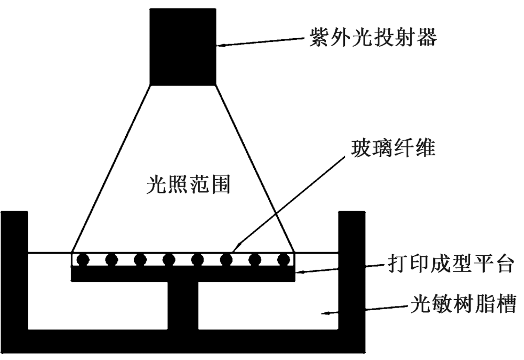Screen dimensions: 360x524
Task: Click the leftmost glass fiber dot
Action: point(82,259)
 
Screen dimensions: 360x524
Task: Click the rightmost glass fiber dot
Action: point(283,259)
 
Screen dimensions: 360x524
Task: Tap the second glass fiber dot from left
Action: point(111,259)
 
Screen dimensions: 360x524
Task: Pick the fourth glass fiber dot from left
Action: point(168,259)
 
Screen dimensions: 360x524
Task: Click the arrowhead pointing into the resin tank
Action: point(326,313)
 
